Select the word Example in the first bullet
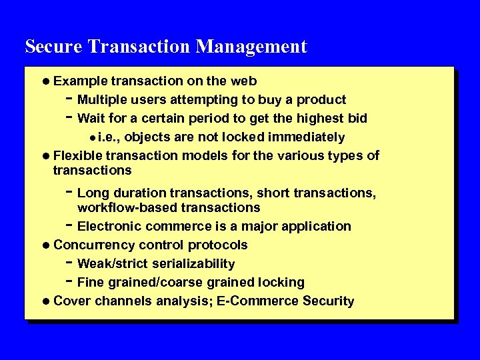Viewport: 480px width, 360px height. [81, 81]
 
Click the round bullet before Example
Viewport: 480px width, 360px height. [45, 81]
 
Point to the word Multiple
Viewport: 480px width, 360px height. [104, 100]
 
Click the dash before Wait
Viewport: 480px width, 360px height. [69, 117]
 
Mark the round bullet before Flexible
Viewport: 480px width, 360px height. [45, 156]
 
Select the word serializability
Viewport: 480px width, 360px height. [196, 263]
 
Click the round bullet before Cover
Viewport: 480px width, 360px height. [45, 301]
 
